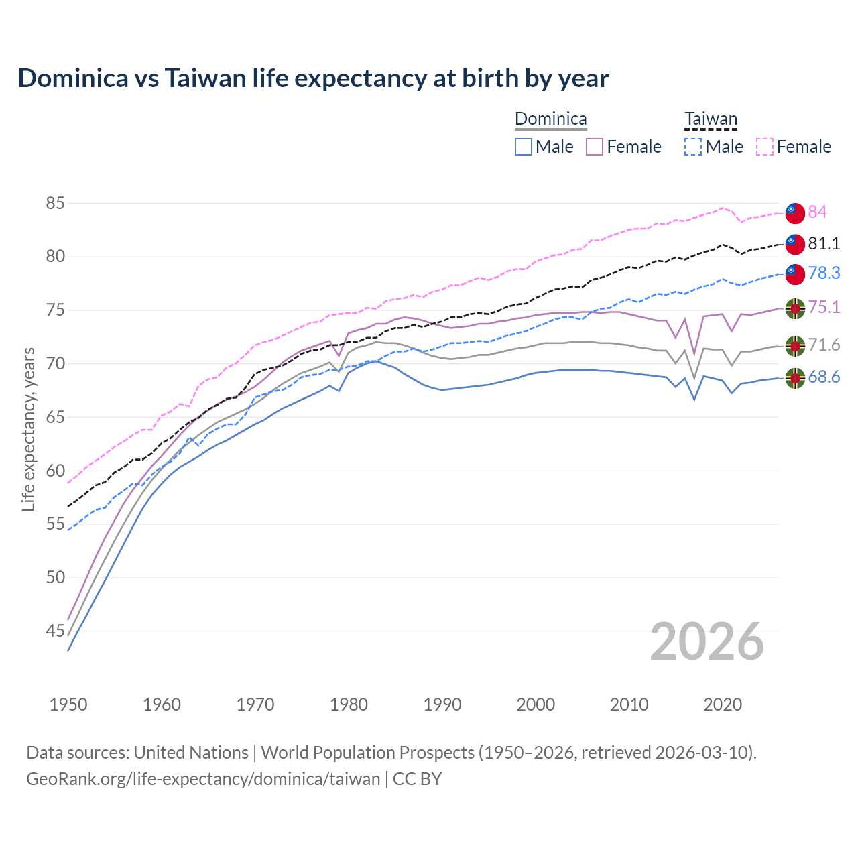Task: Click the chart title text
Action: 313,78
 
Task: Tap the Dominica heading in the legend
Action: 550,119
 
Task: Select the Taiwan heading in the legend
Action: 711,119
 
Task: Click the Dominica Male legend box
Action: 524,147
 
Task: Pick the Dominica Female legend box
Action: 595,147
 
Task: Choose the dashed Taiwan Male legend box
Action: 693,147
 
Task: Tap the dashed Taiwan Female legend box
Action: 765,147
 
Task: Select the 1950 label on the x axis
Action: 68,704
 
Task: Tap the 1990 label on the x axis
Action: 442,704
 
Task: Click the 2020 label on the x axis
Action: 723,704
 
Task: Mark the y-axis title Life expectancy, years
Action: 28,429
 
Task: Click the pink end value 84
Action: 817,212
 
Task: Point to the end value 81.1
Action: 824,243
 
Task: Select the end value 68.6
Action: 824,377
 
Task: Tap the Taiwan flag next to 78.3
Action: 795,273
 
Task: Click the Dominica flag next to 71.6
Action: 795,346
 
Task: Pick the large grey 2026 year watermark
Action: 707,641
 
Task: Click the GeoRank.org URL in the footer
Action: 203,779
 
